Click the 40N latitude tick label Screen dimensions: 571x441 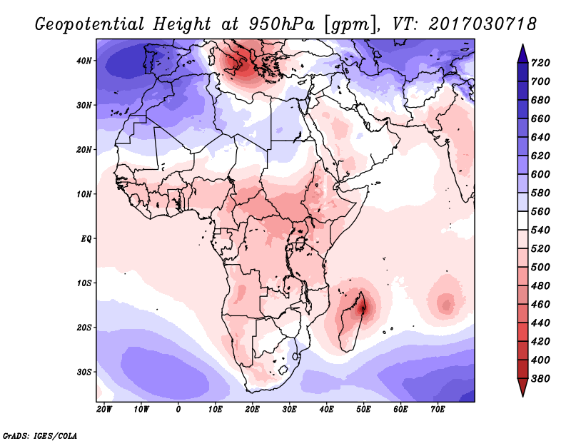pyautogui.click(x=84, y=61)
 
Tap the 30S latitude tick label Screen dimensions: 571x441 pyautogui.click(x=84, y=372)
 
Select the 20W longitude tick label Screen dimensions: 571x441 pyautogui.click(x=104, y=410)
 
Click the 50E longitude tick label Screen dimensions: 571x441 pyautogui.click(x=363, y=410)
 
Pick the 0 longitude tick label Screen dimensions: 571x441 pyautogui.click(x=178, y=410)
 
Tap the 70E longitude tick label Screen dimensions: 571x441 pyautogui.click(x=438, y=410)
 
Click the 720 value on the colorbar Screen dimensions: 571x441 pyautogui.click(x=540, y=63)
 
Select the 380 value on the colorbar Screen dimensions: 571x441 pyautogui.click(x=540, y=379)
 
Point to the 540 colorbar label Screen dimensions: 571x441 pyautogui.click(x=540, y=230)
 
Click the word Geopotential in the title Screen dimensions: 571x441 pyautogui.click(x=89, y=25)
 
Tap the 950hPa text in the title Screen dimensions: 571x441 pyautogui.click(x=281, y=24)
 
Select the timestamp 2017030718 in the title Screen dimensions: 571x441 pyautogui.click(x=482, y=24)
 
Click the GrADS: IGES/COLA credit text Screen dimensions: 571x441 pyautogui.click(x=40, y=436)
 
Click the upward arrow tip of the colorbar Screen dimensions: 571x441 pyautogui.click(x=522, y=44)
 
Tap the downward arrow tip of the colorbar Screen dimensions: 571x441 pyautogui.click(x=522, y=396)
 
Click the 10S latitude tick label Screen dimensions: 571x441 pyautogui.click(x=84, y=283)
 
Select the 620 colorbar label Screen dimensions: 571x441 pyautogui.click(x=540, y=156)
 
